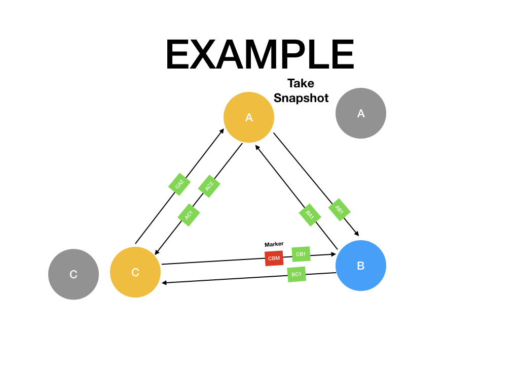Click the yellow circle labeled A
coord(249,117)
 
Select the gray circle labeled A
coord(361,113)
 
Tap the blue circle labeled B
coord(361,266)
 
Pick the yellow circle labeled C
coord(135,272)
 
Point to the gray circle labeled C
coord(73,274)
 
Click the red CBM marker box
coord(274,258)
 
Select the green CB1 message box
coord(301,254)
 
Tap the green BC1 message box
coord(296,274)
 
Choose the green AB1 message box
coord(340,209)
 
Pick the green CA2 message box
coord(179,184)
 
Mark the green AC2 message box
coord(209,186)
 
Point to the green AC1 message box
coord(189,215)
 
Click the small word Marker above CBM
coord(274,244)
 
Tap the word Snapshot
coord(301,98)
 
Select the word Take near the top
coord(301,83)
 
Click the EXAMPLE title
coord(259,55)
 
